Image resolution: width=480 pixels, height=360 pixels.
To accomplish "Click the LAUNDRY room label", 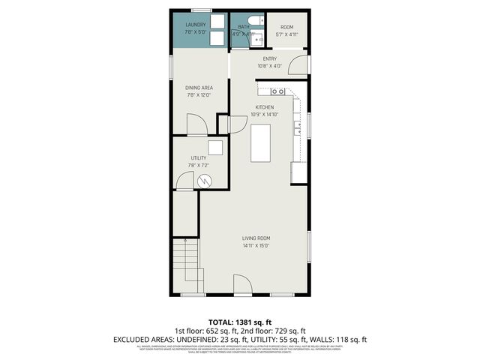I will pos(196,25).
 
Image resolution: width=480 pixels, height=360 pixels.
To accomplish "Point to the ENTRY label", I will pos(270,58).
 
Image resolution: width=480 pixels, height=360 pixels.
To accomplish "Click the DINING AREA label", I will pos(199,88).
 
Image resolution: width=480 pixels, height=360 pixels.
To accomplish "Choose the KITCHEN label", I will pos(268,107).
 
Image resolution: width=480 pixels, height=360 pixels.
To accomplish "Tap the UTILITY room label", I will pos(198,157).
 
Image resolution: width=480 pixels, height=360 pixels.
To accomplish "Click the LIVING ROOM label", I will pos(256,238).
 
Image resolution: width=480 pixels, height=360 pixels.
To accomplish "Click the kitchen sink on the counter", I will pos(277,91).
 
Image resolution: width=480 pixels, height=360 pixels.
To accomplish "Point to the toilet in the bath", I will pos(253,21).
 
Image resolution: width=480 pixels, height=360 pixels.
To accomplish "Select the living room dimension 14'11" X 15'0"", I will pos(256,246).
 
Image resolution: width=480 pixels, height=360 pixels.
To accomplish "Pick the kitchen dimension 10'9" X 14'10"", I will pos(268,114).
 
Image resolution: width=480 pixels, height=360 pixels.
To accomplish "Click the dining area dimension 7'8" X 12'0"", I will pos(199,95).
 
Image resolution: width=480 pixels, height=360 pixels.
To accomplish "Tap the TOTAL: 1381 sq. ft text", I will pos(240,321).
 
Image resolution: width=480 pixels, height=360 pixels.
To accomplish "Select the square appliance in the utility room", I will pos(216,148).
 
